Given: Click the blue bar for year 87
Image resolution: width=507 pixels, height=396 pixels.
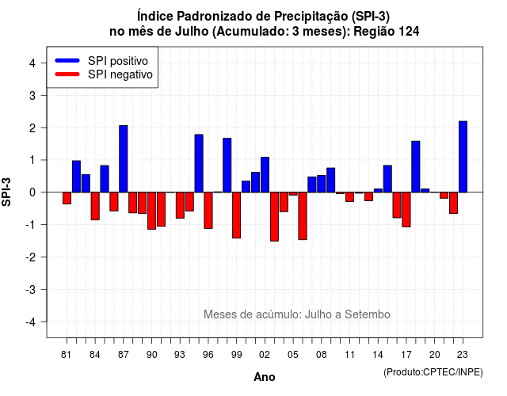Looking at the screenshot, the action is coord(124,158).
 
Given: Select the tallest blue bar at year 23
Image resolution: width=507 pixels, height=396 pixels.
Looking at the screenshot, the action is coord(463,157).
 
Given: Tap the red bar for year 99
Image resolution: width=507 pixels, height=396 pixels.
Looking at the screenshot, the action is coord(236,215).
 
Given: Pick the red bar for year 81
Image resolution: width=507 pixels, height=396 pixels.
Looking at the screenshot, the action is coord(67,198).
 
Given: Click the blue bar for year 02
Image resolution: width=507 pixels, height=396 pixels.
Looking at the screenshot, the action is coord(265,174).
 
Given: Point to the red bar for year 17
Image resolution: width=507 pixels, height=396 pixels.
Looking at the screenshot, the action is coord(406,209).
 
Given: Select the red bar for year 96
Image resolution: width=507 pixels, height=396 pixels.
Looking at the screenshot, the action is coord(208,211).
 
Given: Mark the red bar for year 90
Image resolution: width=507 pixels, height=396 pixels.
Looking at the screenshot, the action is coord(151,211).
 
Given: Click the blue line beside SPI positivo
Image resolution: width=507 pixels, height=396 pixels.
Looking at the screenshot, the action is coord(67,60).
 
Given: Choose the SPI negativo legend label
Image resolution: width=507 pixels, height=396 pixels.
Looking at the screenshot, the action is coord(120,74).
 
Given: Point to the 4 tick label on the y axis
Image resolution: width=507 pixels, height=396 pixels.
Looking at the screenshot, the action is coord(32,63).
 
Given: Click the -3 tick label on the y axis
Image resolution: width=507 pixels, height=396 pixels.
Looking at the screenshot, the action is coord(31,289).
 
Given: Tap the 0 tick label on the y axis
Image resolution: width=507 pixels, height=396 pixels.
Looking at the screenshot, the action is coord(32,192).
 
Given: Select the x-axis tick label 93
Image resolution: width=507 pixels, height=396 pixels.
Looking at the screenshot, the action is coord(180,355).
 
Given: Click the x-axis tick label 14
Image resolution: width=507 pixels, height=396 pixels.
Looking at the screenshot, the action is coord(378,355).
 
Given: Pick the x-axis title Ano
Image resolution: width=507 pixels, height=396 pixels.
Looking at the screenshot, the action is coord(265,377).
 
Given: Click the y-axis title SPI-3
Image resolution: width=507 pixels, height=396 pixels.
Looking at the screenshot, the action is coord(6,192).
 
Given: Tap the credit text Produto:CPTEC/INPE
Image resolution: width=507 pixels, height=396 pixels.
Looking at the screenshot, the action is coord(433,372).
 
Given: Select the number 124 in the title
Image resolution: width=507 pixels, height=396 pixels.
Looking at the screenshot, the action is coord(409,32).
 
